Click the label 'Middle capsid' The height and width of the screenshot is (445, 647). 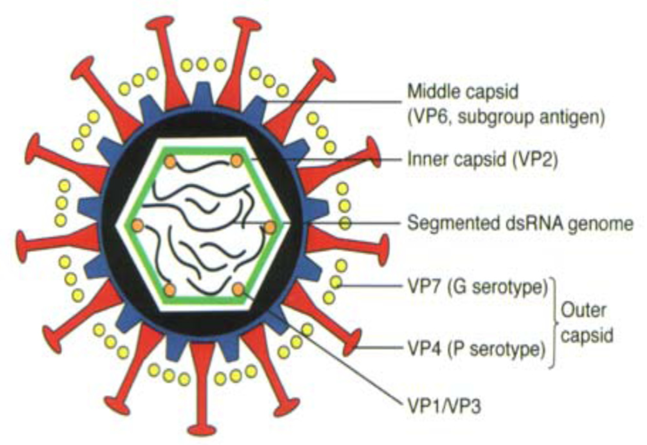[x=463, y=92]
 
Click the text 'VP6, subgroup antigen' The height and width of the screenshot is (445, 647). [x=506, y=117]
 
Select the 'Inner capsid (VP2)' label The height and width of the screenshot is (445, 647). [x=482, y=159]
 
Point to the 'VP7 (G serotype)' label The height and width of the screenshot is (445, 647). [x=477, y=287]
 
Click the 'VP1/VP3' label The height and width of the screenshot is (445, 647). [x=444, y=406]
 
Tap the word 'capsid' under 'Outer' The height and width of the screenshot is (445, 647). [x=587, y=335]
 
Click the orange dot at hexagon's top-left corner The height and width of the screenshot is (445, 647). [x=170, y=162]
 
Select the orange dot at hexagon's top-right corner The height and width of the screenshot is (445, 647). [x=236, y=160]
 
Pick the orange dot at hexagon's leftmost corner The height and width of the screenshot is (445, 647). [x=138, y=225]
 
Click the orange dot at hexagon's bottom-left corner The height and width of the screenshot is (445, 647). [x=169, y=290]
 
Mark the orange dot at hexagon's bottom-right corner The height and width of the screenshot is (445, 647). [x=238, y=289]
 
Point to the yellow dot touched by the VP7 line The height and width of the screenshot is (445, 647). [x=336, y=283]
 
